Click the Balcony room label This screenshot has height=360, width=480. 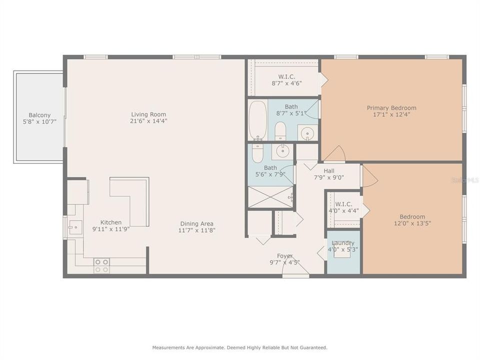coord(39,115)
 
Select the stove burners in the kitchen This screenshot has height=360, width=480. coord(102,265)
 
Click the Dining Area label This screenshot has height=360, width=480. coord(197,223)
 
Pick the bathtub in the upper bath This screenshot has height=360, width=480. coord(257,120)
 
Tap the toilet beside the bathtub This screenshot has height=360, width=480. coord(280,131)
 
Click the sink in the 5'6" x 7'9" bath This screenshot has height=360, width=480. coord(283,150)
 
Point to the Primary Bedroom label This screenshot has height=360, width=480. coord(391,107)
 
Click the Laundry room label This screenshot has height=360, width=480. coord(343,243)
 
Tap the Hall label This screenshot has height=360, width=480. coord(328,170)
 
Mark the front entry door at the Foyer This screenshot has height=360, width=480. coord(295,273)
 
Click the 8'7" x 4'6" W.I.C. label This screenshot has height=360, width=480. coord(286,83)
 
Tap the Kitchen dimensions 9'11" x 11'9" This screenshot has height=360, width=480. coord(110,229)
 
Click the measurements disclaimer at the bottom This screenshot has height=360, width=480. coord(240,347)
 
